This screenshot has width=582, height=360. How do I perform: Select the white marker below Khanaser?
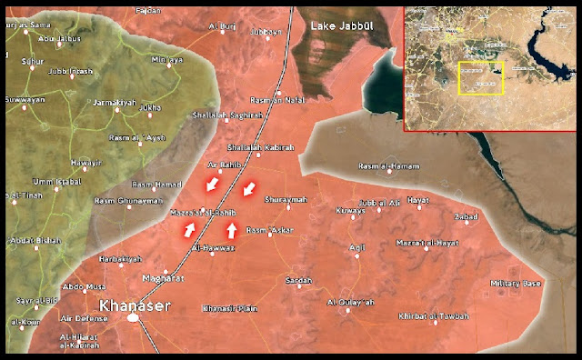134,318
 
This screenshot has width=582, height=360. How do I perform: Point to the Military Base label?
516,284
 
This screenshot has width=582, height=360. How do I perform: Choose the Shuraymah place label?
286,198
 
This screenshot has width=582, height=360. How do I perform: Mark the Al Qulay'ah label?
350,301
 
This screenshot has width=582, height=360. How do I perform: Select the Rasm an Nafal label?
275,101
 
